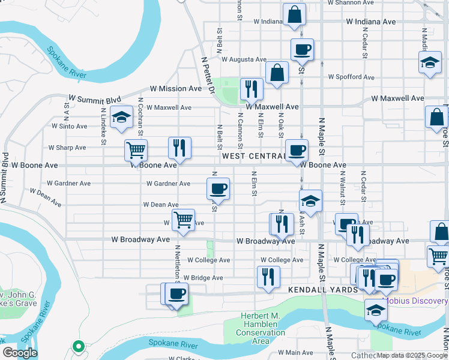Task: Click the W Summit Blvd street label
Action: tap(95, 100)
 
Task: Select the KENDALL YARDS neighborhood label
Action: tap(322, 290)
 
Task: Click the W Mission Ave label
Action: tap(176, 88)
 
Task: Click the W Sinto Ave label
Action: tap(69, 127)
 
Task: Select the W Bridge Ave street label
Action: tap(203, 278)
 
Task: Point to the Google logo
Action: tap(19, 353)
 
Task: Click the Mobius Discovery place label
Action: tap(415, 301)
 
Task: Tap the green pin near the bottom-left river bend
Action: tap(77, 346)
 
